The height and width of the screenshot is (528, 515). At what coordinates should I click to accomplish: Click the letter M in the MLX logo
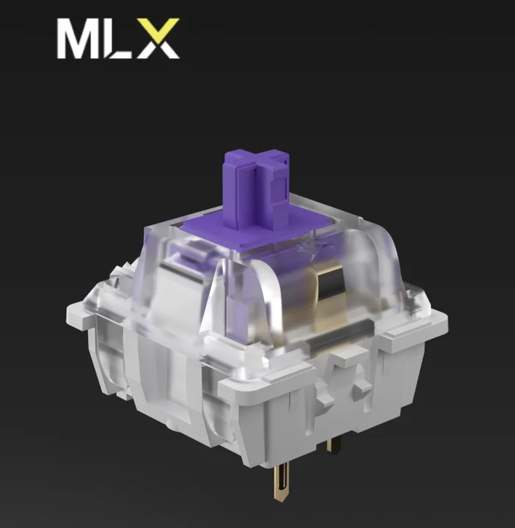point(81,40)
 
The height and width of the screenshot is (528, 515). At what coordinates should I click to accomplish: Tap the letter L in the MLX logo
point(122,42)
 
